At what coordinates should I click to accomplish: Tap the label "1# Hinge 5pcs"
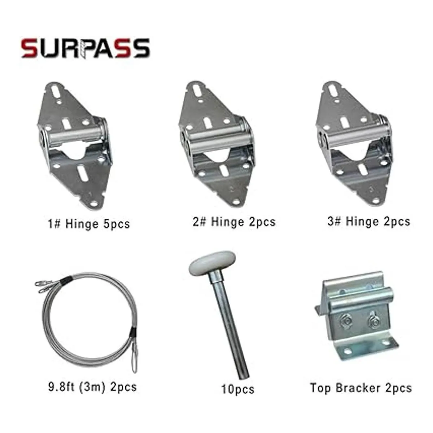pyautogui.click(x=89, y=224)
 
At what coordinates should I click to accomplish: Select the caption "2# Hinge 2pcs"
pyautogui.click(x=234, y=222)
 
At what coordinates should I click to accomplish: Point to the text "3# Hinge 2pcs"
pyautogui.click(x=369, y=221)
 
